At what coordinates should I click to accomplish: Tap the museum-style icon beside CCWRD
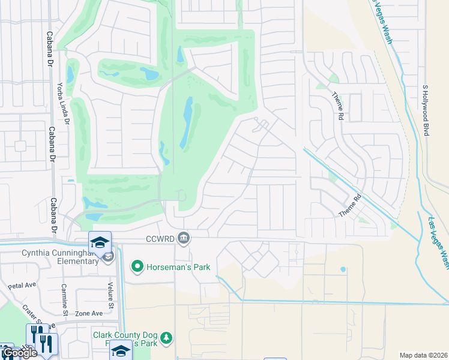[x=184, y=239]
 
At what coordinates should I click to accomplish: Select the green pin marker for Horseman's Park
[x=137, y=266]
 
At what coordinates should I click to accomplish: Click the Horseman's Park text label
[x=178, y=266]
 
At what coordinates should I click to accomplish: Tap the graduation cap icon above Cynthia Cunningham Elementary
[x=100, y=242]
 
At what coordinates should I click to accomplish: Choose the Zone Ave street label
[x=89, y=313]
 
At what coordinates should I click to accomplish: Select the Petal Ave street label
[x=22, y=287]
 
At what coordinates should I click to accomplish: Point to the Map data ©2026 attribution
[x=423, y=355]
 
